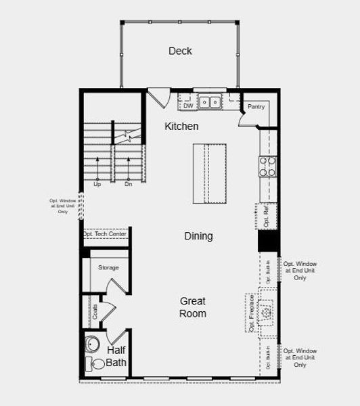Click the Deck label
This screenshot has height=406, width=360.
[x=180, y=51]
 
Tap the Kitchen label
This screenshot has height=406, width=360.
[x=181, y=127]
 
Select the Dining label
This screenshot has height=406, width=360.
[x=198, y=236]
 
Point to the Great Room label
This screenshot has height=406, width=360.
[x=193, y=307]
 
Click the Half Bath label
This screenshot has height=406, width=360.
[x=116, y=357]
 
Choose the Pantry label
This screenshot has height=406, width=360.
[x=256, y=107]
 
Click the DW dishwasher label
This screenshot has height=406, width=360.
[x=187, y=106]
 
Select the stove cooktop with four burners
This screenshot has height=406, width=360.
[x=268, y=166]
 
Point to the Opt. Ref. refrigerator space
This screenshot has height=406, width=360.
[x=267, y=216]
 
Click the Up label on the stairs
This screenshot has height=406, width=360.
[x=97, y=184]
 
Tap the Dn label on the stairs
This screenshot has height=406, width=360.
[x=128, y=184]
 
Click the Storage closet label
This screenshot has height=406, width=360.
[x=108, y=268]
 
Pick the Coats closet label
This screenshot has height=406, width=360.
[x=94, y=312]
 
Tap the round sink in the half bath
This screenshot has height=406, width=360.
[x=93, y=345]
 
